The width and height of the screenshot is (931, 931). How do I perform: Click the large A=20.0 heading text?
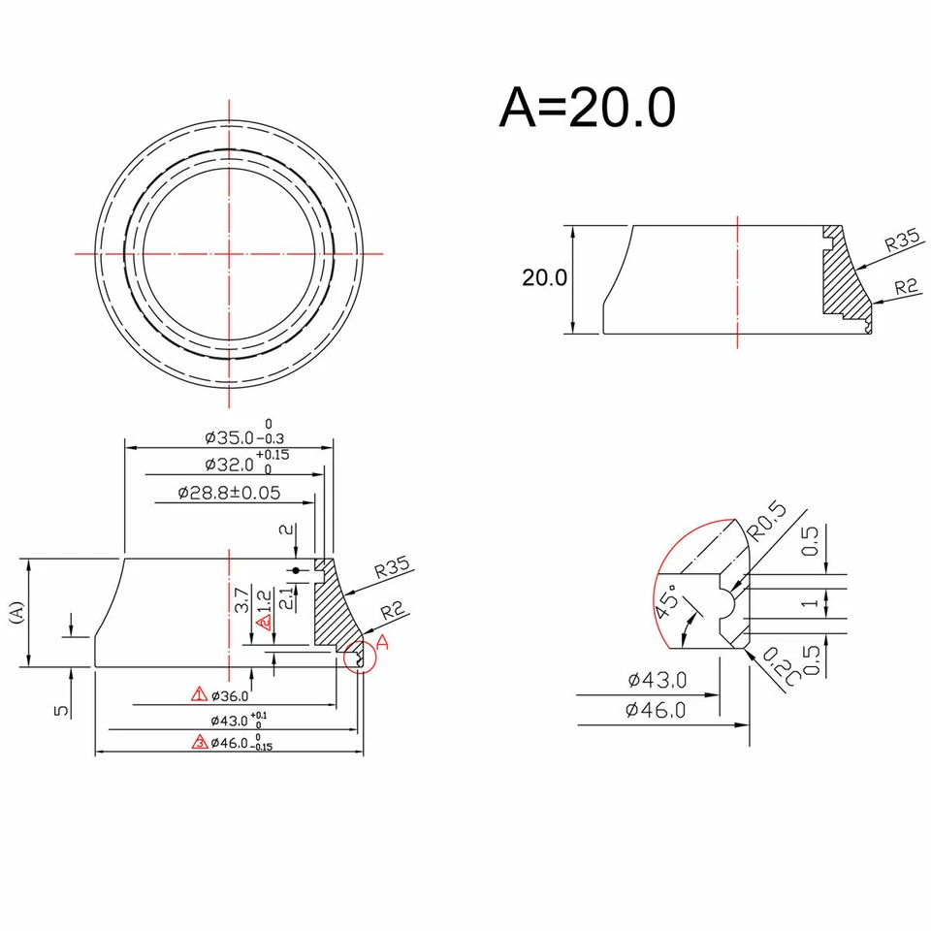click(x=587, y=108)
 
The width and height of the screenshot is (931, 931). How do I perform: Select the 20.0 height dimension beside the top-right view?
click(x=544, y=278)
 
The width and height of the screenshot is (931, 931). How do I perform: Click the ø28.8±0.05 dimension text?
click(x=229, y=493)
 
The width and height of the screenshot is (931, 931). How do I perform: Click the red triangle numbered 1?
click(x=200, y=694)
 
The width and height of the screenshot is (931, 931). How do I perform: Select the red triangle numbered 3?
click(x=200, y=743)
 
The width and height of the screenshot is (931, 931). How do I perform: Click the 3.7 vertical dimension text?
click(x=240, y=599)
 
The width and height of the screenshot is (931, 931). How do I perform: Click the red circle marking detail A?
click(x=360, y=657)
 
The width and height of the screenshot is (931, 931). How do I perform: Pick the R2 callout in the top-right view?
click(x=906, y=287)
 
